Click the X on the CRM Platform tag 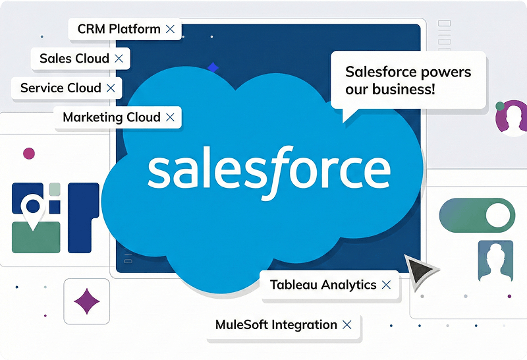(x=170, y=29)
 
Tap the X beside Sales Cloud (x=119, y=59)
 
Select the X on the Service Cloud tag (x=111, y=88)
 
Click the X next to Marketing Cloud (x=170, y=117)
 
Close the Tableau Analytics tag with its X (x=386, y=285)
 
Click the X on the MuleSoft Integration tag (x=347, y=324)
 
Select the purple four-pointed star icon (x=86, y=301)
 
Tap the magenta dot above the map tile (x=28, y=154)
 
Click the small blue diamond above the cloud (x=212, y=67)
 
